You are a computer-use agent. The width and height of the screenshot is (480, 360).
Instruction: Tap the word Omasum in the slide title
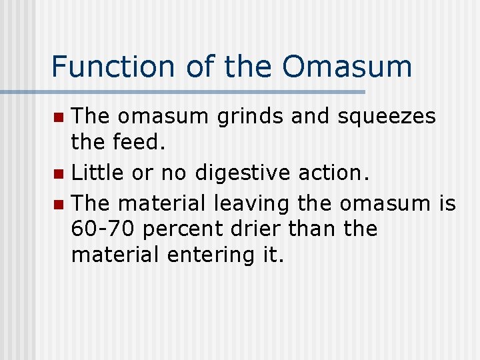[347, 67]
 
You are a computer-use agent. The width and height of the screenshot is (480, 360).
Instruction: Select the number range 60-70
[104, 229]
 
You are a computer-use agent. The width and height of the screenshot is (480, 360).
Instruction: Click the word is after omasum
[447, 202]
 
